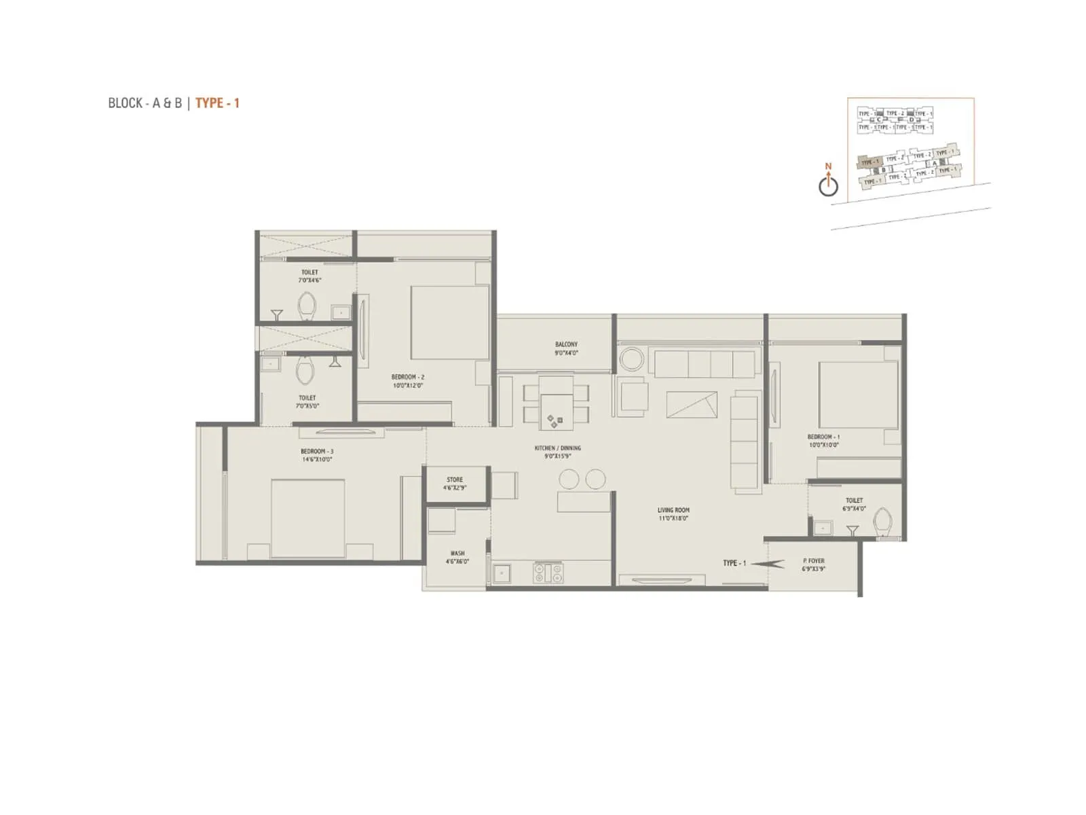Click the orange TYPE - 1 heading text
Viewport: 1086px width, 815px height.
click(x=217, y=103)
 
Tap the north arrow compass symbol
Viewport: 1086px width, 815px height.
click(x=828, y=184)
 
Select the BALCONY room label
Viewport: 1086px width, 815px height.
click(x=566, y=348)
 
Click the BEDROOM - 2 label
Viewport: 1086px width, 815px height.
click(x=407, y=381)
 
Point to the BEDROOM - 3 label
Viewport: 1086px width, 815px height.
click(x=317, y=455)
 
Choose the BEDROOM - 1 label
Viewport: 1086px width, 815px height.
click(x=823, y=441)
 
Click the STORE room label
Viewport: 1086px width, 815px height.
click(x=455, y=484)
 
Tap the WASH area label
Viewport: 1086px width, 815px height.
click(x=457, y=558)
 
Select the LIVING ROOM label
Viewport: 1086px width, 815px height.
click(x=673, y=514)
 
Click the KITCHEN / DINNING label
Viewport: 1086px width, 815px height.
click(x=557, y=452)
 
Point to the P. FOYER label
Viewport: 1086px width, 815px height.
click(x=813, y=565)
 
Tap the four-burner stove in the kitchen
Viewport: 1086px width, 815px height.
click(x=548, y=573)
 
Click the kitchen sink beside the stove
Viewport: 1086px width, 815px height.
click(x=502, y=574)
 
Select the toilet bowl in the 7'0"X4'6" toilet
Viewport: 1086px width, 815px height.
click(x=307, y=306)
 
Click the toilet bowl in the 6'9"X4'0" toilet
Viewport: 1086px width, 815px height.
click(x=883, y=522)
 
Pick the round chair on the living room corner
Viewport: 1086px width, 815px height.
click(x=632, y=359)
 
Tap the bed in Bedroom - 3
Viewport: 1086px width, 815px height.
click(x=307, y=518)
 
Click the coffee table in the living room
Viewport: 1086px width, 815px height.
click(x=692, y=405)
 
